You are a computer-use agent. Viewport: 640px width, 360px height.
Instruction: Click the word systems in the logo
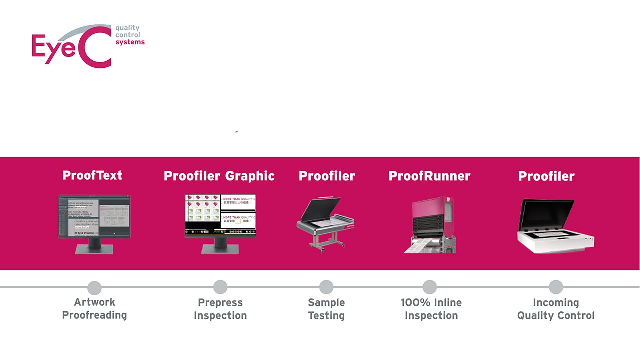click(130, 42)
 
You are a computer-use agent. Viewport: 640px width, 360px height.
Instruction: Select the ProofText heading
click(92, 175)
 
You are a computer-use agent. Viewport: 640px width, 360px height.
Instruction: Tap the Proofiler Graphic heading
click(219, 176)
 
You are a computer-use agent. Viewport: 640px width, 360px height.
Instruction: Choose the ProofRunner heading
click(429, 176)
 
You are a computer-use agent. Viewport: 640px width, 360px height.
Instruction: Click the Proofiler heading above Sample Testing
click(327, 176)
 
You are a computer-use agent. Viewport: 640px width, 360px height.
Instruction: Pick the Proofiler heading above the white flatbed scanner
click(546, 176)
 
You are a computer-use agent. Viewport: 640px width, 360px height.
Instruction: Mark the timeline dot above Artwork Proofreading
click(94, 288)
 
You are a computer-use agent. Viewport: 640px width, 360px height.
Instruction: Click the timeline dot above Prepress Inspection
click(220, 287)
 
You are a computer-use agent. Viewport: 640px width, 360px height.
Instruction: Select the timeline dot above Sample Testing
click(326, 287)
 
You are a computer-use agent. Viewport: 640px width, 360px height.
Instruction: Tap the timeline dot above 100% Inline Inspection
click(430, 287)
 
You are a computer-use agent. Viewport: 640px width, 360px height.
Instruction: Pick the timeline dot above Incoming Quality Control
click(556, 287)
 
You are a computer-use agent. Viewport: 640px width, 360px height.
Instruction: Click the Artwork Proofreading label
click(94, 309)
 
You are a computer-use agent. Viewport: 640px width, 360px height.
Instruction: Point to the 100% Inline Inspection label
click(431, 309)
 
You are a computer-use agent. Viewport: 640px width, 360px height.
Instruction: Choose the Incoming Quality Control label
click(556, 309)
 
